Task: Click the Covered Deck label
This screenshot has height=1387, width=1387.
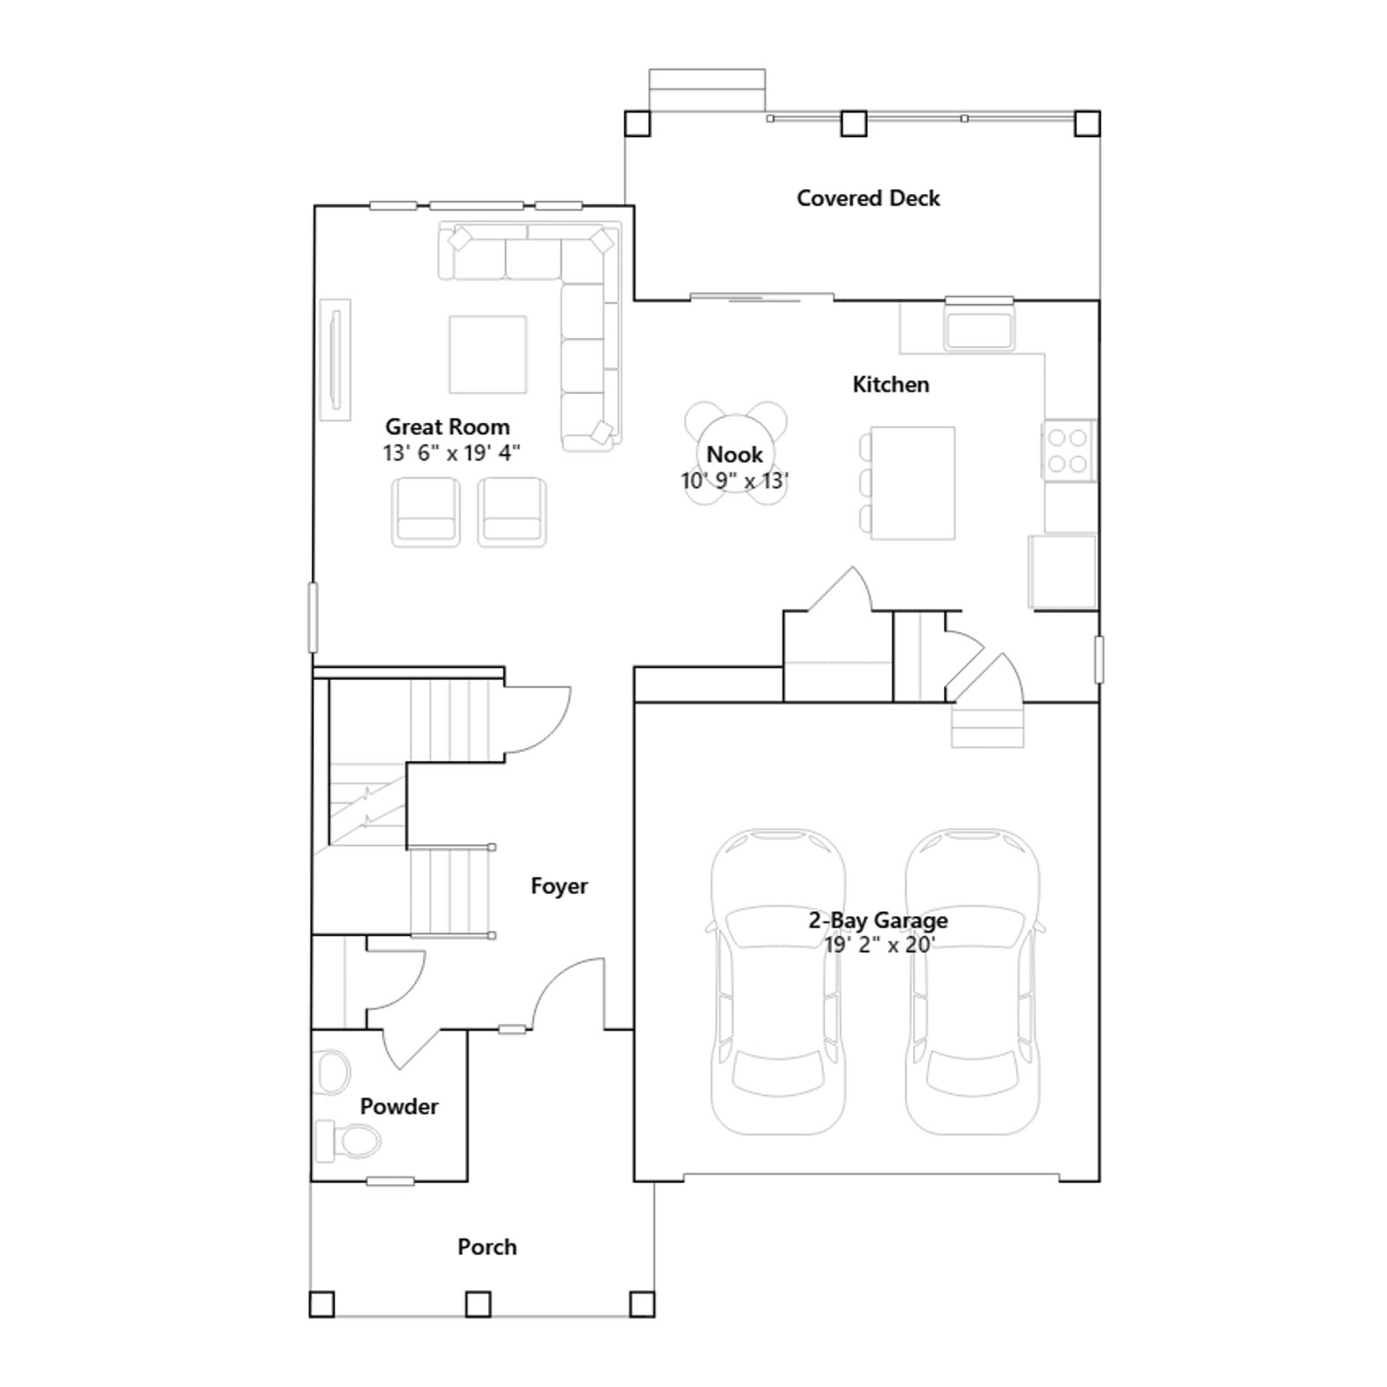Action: click(868, 199)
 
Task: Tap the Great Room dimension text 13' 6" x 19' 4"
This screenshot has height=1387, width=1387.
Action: click(452, 453)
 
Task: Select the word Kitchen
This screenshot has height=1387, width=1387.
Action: click(890, 384)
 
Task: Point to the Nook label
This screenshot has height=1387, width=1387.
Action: click(734, 454)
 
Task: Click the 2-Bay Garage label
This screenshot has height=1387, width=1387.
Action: click(878, 921)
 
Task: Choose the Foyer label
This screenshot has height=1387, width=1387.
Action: click(559, 886)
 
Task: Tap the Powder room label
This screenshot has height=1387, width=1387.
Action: click(399, 1106)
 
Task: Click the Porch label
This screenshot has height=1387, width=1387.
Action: click(487, 1247)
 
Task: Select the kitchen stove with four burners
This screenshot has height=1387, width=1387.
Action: click(1069, 450)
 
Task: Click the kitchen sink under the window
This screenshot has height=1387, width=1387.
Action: click(980, 329)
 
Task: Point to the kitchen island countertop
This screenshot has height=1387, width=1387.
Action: click(913, 483)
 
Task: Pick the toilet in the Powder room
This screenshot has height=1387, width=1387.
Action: click(348, 1140)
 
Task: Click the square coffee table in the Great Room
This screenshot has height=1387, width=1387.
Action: click(487, 355)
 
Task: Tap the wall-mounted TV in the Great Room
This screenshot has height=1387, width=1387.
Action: click(335, 360)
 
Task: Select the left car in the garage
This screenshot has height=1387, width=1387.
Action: click(778, 981)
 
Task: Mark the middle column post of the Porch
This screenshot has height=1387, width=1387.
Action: click(478, 1304)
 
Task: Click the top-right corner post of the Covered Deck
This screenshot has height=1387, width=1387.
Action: click(1087, 123)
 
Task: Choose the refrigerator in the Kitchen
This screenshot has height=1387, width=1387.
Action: click(1062, 571)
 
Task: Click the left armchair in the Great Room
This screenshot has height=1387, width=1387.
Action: click(425, 511)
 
